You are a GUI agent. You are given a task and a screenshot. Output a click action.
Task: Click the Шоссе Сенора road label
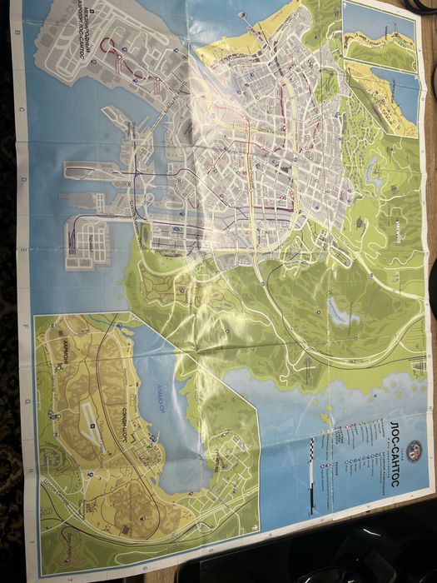50,491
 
